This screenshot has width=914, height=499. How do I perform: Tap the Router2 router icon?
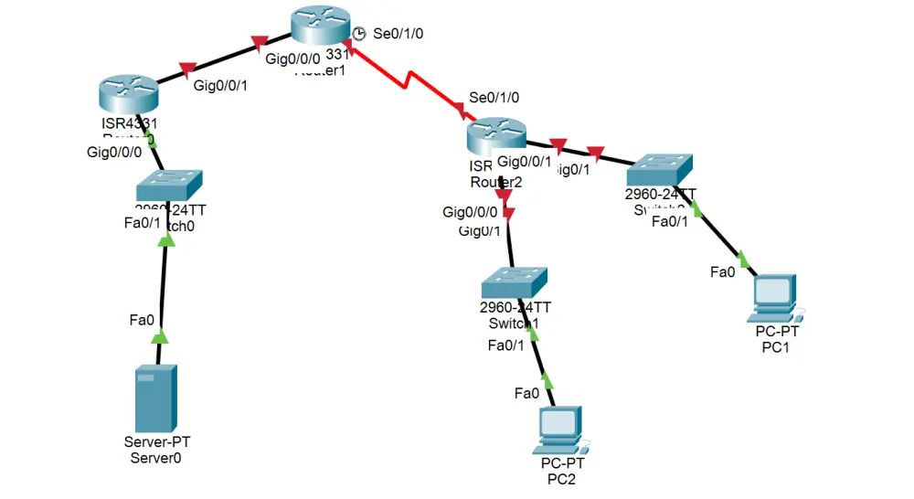(x=495, y=136)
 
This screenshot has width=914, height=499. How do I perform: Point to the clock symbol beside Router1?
(x=359, y=33)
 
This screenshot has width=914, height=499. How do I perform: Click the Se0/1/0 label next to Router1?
(x=399, y=34)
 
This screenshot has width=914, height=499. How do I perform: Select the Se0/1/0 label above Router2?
(x=494, y=97)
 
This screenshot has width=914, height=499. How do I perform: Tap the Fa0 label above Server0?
(x=142, y=319)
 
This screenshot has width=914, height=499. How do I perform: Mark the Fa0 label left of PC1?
(x=723, y=271)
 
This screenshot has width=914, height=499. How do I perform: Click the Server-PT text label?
(x=157, y=442)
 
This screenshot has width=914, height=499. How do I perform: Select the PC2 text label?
(x=561, y=479)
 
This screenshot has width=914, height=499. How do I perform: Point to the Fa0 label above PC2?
(x=526, y=393)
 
